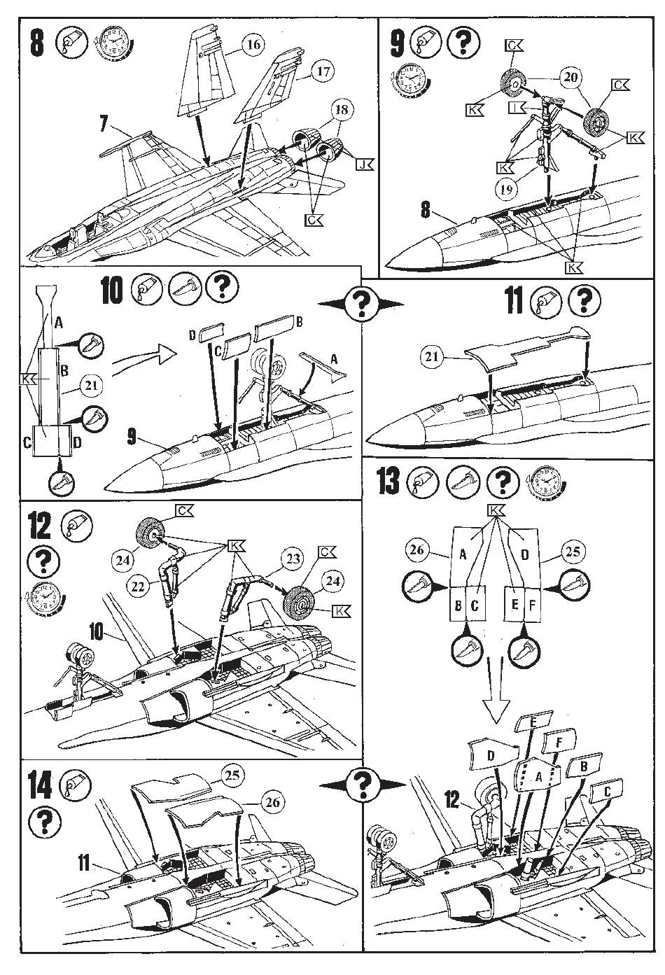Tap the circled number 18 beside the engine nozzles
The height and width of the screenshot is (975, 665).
coord(344,110)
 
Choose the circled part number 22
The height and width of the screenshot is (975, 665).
coord(139,587)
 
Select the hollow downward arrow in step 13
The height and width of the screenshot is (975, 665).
coord(494,698)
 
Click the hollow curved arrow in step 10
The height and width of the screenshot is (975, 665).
coord(143,356)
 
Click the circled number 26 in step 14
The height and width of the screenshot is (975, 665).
coord(272,801)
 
